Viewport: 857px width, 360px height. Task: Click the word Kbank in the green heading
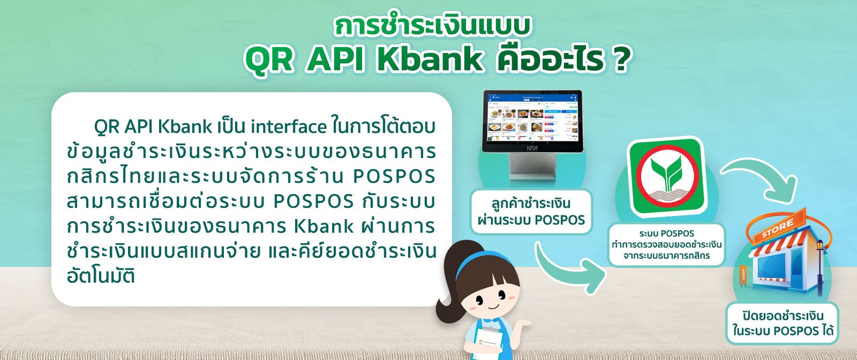(431, 59)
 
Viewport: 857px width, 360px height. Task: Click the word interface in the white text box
(289, 127)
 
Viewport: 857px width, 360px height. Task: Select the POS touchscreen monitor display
(532, 121)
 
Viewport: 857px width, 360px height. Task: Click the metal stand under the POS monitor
(532, 167)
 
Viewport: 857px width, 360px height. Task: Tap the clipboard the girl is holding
(488, 341)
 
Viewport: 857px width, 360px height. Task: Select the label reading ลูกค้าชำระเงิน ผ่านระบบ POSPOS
(531, 212)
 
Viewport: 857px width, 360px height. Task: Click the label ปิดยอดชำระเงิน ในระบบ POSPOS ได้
(783, 323)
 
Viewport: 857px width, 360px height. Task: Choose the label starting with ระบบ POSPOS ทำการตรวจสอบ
(666, 244)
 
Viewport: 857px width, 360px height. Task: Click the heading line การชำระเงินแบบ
(432, 26)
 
